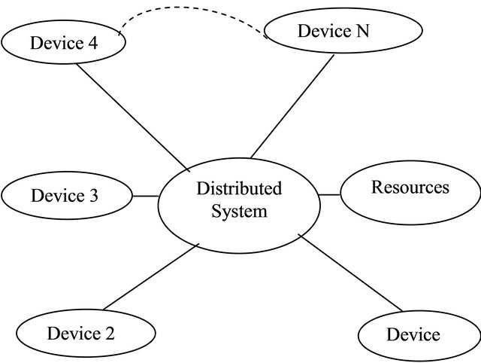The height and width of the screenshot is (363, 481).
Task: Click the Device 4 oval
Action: pos(63,42)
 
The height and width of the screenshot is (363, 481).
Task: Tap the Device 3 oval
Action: pos(67,196)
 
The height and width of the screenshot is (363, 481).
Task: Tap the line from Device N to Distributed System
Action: pos(293,105)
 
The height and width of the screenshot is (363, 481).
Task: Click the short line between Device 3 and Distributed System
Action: pos(145,196)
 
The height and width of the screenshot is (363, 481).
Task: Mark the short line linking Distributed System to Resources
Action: pos(329,195)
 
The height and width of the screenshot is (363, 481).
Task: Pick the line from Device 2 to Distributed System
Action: pos(150,276)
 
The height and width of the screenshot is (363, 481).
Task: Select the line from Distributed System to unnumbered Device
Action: pos(351,272)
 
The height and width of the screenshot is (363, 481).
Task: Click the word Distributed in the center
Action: pos(238,188)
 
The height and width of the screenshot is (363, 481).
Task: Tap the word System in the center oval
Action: pos(239,212)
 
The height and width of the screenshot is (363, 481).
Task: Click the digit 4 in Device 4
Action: pos(92,42)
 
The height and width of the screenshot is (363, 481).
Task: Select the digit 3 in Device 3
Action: pos(93,197)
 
